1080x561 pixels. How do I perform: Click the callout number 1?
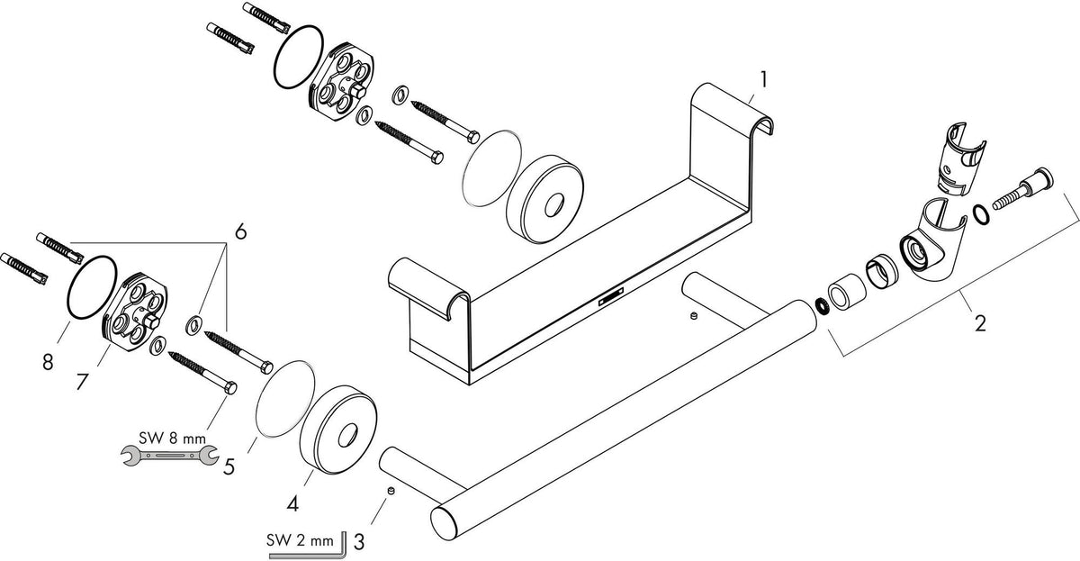click(763, 79)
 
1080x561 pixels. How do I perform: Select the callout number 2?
click(980, 322)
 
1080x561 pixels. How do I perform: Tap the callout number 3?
click(359, 542)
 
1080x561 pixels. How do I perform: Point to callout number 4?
click(292, 503)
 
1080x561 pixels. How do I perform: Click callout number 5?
click(229, 466)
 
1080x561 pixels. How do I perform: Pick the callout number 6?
click(240, 231)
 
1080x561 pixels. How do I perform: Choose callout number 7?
click(83, 382)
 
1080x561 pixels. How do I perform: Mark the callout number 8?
click(47, 361)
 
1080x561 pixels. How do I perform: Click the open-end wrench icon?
click(169, 455)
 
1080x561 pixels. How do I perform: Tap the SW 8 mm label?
click(172, 438)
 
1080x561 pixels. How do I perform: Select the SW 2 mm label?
click(301, 540)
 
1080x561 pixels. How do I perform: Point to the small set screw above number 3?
click(391, 491)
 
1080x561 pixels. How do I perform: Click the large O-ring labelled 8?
click(92, 287)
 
